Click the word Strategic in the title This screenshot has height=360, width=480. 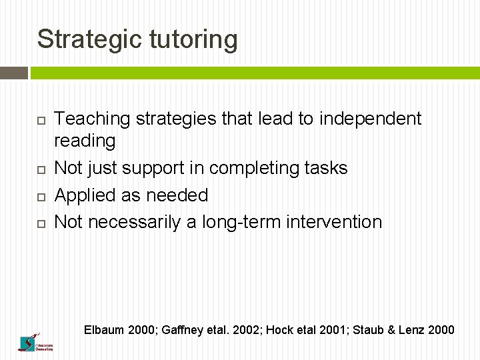89,39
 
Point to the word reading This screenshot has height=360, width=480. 85,141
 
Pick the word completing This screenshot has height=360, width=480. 267,168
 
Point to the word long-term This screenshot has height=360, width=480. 241,222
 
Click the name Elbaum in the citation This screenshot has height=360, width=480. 103,329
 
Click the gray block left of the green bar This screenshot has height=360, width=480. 14,73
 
